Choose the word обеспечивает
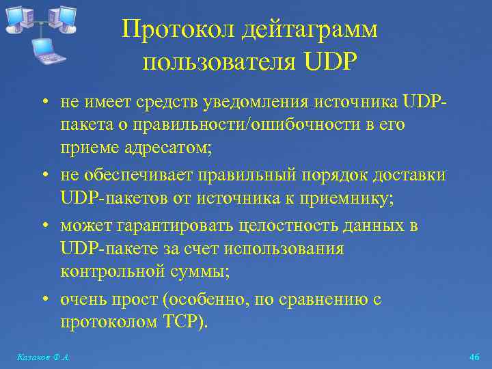[139, 176]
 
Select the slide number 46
[475, 357]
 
